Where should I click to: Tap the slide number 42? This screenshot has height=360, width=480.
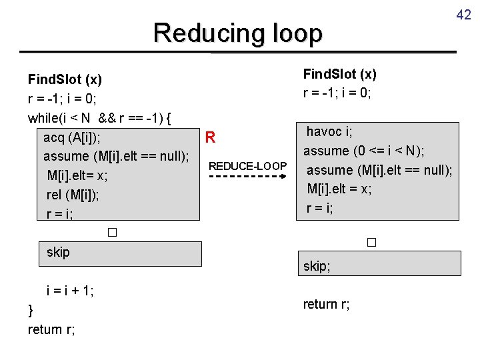pyautogui.click(x=464, y=13)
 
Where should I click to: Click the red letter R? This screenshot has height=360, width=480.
pyautogui.click(x=210, y=138)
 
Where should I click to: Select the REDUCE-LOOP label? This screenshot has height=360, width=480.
pyautogui.click(x=248, y=165)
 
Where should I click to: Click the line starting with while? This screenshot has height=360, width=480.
pyautogui.click(x=100, y=119)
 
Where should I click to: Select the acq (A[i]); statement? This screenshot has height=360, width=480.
pyautogui.click(x=73, y=138)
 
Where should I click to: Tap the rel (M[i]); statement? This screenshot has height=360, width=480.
pyautogui.click(x=73, y=195)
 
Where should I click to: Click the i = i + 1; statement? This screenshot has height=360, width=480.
pyautogui.click(x=69, y=291)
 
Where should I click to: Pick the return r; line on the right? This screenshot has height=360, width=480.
pyautogui.click(x=326, y=305)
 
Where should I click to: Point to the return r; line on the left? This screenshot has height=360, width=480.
pyautogui.click(x=51, y=329)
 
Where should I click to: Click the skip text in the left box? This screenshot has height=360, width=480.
pyautogui.click(x=58, y=253)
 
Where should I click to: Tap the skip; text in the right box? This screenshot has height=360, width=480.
pyautogui.click(x=318, y=266)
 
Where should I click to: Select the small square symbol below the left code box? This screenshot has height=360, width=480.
pyautogui.click(x=111, y=233)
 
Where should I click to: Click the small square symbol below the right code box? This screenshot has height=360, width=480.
pyautogui.click(x=371, y=243)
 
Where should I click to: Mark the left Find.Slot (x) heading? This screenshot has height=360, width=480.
pyautogui.click(x=65, y=80)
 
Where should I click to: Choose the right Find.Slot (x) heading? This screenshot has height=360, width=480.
pyautogui.click(x=340, y=74)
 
